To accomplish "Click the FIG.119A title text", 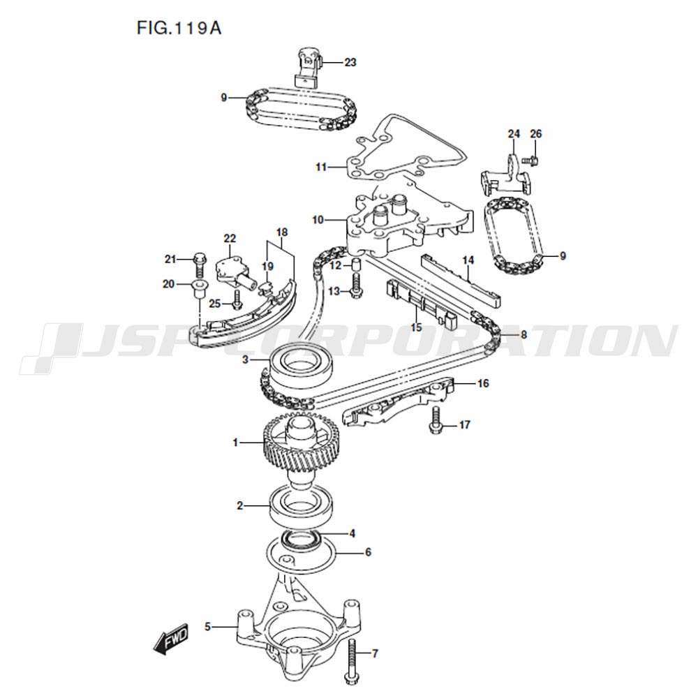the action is click(179, 28).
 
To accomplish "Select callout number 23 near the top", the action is click(350, 62).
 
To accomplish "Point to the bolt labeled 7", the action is click(351, 662).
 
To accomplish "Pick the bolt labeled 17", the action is click(436, 419).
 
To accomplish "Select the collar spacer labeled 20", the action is click(198, 289).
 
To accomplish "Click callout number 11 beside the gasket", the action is click(321, 168).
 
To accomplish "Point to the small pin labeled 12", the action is click(356, 264).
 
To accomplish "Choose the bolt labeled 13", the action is click(356, 285).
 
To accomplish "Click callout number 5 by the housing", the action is click(207, 627).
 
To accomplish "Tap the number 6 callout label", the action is click(368, 552).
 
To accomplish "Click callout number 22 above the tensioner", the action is click(230, 239).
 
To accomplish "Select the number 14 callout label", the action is click(468, 260).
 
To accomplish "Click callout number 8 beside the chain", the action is click(524, 334).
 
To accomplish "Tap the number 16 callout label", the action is click(483, 383).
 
